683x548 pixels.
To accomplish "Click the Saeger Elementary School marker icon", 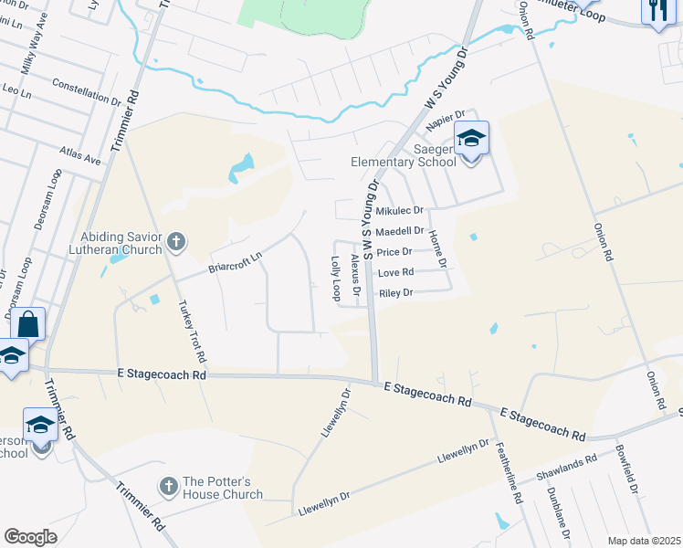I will [x=471, y=140].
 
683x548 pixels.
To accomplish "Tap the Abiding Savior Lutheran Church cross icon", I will [x=176, y=243].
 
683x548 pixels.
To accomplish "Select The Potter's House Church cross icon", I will [x=168, y=487].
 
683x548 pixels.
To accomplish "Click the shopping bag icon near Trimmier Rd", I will [x=28, y=324].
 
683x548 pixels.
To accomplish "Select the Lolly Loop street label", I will [x=335, y=278].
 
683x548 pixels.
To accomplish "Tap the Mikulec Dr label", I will [x=399, y=210].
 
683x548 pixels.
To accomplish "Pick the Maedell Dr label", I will [x=400, y=232].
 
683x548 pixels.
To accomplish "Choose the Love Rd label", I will [x=395, y=272].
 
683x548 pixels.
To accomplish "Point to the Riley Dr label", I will [x=396, y=293].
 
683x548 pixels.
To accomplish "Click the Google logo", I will [x=30, y=536].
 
